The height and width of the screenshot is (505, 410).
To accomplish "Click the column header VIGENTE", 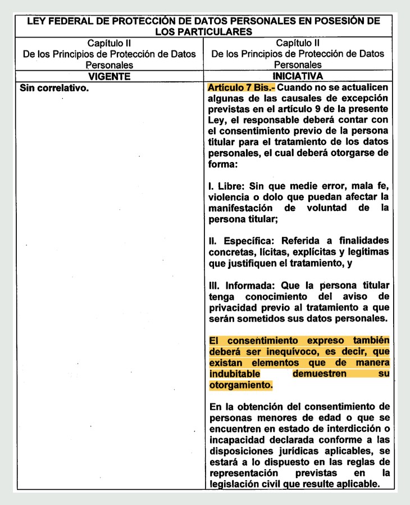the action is (110, 76).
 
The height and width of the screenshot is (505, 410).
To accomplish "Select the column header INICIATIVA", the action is (298, 76).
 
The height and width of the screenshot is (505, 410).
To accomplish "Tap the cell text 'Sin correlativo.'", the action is (54, 88).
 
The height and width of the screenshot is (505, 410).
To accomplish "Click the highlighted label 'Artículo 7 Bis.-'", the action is (242, 88).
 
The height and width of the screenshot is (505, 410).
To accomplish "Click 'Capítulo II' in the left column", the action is (110, 43).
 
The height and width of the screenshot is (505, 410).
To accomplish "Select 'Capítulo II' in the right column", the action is (298, 43).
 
